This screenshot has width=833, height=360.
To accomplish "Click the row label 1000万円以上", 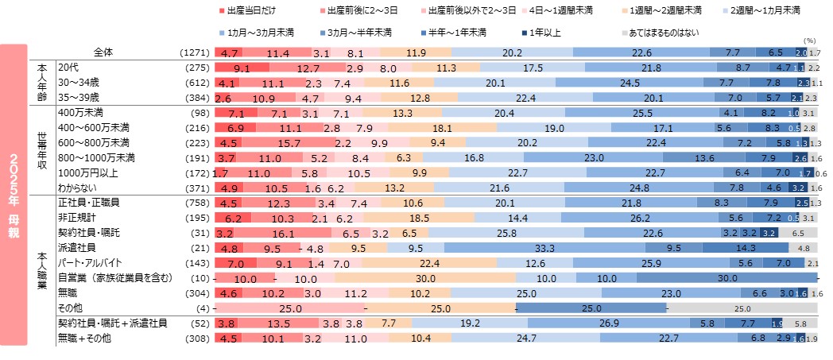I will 85,172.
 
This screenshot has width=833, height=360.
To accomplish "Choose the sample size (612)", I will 196,82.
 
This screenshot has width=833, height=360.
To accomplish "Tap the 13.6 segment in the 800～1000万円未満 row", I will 704,157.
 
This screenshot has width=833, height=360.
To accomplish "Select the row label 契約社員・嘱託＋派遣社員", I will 112,324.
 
